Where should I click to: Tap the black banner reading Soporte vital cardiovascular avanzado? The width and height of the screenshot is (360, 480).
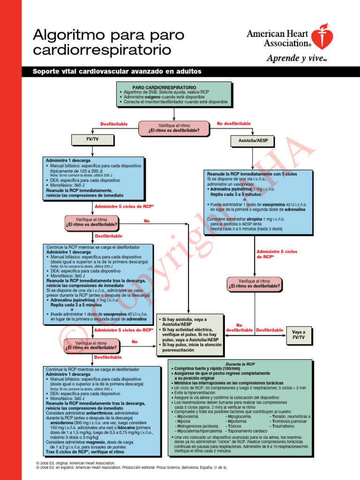point(117,72)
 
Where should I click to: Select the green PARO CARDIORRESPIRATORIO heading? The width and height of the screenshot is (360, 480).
point(157,88)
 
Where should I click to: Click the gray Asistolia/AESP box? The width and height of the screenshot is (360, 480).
point(253,141)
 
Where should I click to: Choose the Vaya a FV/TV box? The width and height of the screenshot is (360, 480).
point(299,334)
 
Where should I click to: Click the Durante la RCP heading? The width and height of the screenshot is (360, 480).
point(240,364)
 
